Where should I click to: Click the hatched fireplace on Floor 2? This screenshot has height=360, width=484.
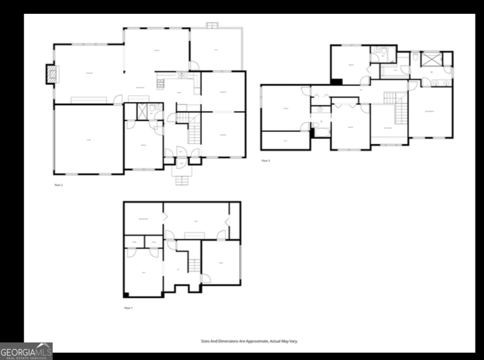click(52, 74)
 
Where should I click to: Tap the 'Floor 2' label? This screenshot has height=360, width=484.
click(59, 185)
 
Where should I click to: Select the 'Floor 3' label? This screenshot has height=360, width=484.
click(266, 160)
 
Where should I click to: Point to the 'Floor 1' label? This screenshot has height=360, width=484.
click(128, 308)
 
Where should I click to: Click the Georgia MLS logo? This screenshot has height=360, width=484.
click(26, 351)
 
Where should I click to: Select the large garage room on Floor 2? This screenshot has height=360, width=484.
click(88, 140)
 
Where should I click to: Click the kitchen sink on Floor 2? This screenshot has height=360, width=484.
click(180, 76)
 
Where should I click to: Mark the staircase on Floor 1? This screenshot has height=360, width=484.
click(194, 264)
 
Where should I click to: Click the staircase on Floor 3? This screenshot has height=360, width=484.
click(400, 113)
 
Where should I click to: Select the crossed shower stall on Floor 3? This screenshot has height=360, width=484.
click(431, 59)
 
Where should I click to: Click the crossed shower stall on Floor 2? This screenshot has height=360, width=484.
click(143, 111)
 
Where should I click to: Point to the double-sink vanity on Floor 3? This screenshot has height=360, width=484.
click(442, 82)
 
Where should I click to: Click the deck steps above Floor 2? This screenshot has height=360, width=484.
click(212, 25)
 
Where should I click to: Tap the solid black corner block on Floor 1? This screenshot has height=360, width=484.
click(126, 295)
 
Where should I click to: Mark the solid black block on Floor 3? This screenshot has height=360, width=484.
click(336, 81)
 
